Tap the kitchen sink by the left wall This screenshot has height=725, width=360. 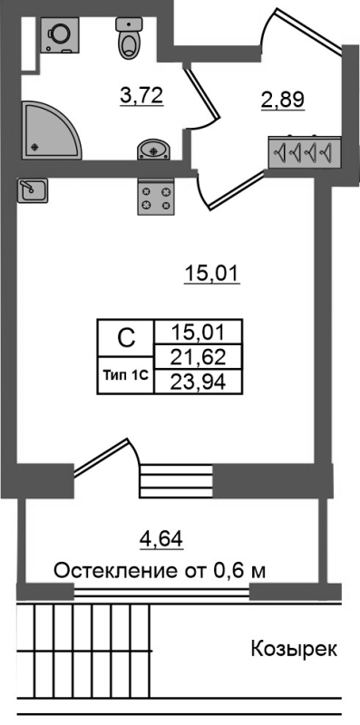point(34,188)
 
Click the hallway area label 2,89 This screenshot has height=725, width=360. point(281,99)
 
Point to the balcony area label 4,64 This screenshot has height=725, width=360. point(161,542)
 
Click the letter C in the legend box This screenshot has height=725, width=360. point(127,338)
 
